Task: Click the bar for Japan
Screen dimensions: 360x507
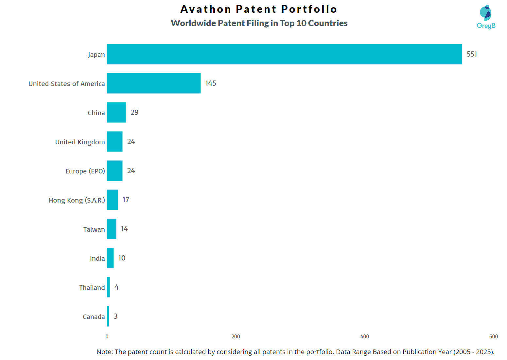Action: pyautogui.click(x=284, y=54)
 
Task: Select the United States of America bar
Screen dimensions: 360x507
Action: pyautogui.click(x=154, y=83)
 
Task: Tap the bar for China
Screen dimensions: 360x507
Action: pyautogui.click(x=116, y=112)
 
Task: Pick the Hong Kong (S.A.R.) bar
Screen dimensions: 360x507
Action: pyautogui.click(x=112, y=200)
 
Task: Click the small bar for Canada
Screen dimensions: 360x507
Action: pyautogui.click(x=108, y=316)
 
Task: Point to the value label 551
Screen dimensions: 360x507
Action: pyautogui.click(x=472, y=54)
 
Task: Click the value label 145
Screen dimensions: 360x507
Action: pyautogui.click(x=211, y=83)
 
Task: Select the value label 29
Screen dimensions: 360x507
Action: pyautogui.click(x=134, y=112)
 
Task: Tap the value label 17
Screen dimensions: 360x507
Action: pyautogui.click(x=126, y=200)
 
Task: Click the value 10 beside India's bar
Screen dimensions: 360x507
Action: pyautogui.click(x=122, y=258)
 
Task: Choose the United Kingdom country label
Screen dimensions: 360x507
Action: pyautogui.click(x=80, y=142)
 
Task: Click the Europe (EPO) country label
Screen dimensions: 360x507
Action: pyautogui.click(x=85, y=171)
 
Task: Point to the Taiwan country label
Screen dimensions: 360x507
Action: pyautogui.click(x=94, y=229)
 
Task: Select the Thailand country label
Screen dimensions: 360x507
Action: pyautogui.click(x=92, y=288)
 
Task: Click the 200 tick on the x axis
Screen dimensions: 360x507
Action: pyautogui.click(x=236, y=336)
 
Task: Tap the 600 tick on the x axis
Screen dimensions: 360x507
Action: pyautogui.click(x=493, y=336)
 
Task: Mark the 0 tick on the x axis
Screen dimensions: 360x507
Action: pyautogui.click(x=107, y=336)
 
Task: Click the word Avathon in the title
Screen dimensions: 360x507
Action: pyautogui.click(x=206, y=9)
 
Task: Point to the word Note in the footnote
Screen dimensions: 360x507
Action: pyautogui.click(x=104, y=352)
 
